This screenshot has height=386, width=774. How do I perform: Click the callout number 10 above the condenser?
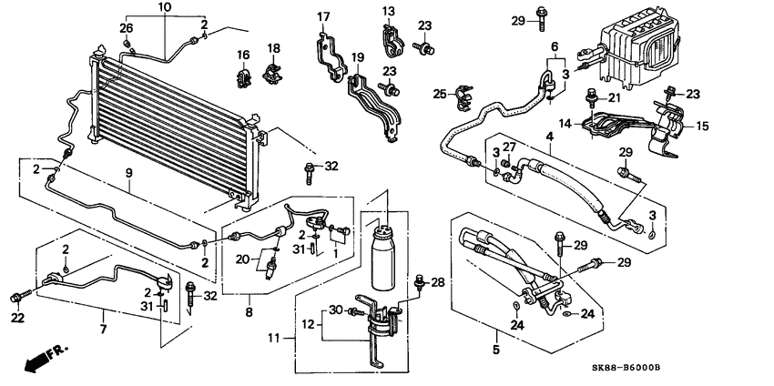tap(164, 7)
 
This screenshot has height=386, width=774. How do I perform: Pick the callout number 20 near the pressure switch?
tap(242, 259)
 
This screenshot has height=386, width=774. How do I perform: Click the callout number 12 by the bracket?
tap(309, 324)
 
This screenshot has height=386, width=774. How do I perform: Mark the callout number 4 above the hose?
tap(549, 137)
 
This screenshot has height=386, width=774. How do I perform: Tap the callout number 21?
tap(616, 98)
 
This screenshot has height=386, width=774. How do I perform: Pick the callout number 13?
tap(389, 11)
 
